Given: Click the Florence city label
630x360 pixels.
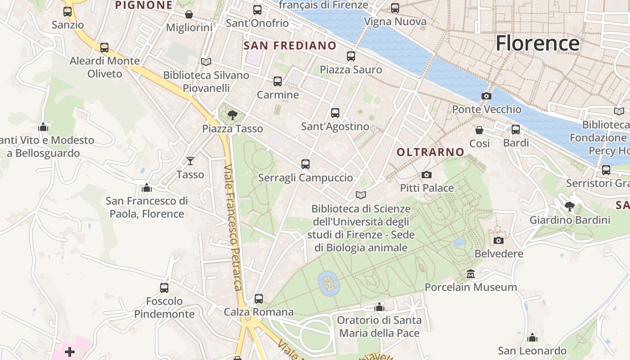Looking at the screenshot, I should point(537,43).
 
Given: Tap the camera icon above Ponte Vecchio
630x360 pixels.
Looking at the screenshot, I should point(486,96).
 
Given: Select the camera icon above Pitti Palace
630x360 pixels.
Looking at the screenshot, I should point(426,175).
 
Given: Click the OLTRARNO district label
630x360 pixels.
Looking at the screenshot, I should point(430,152).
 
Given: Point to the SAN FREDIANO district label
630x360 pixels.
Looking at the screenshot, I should point(290,45).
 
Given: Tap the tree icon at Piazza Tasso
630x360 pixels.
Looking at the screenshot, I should point(232,115).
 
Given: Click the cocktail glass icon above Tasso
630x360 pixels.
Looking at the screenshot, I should point(190,161).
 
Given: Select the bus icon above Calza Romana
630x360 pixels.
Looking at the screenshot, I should point(258,298).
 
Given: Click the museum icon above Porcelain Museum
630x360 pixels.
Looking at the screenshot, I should point(471,274).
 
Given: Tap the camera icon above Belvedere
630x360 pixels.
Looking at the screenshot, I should point(498,240).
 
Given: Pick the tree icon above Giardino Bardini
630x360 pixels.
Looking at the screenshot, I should point(569,207).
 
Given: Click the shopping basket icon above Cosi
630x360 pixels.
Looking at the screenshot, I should point(479,130).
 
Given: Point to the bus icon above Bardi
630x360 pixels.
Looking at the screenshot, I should point(516,130).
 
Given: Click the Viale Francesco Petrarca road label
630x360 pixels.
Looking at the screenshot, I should point(234,227).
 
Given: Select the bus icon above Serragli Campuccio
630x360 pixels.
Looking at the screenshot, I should point(306,164).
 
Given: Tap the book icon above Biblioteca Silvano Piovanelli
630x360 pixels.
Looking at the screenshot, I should point(206,62).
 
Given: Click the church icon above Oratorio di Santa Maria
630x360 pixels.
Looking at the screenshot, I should point(379,307).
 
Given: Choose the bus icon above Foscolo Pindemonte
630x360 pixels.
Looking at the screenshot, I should point(164,288).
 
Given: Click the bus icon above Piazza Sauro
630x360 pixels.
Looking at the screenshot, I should point(351,56).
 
